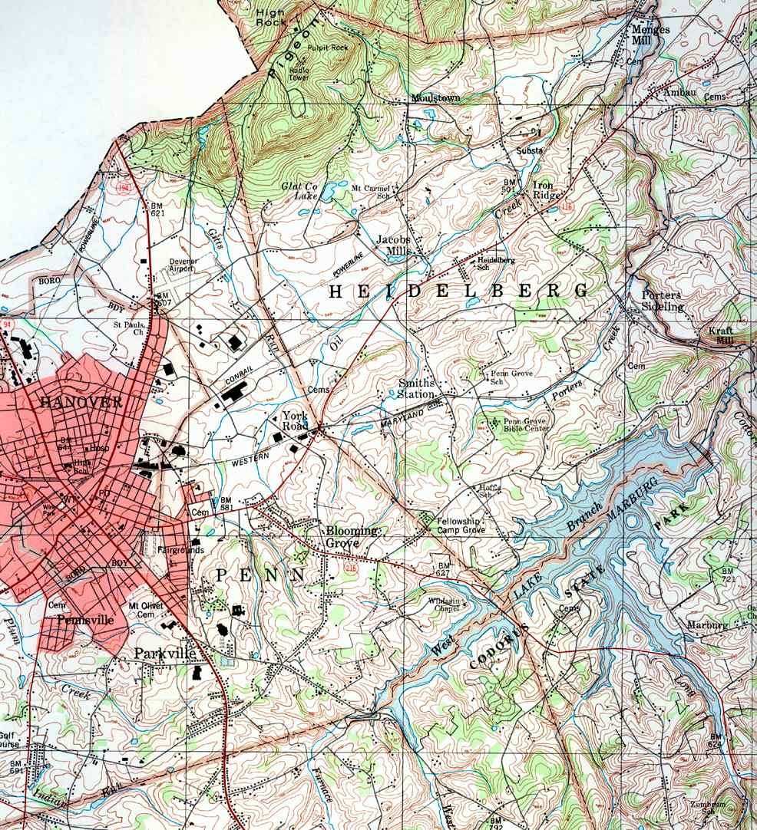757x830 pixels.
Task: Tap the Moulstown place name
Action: click(435, 99)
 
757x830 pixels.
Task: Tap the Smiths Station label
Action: click(417, 388)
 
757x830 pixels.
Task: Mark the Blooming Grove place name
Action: click(352, 536)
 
